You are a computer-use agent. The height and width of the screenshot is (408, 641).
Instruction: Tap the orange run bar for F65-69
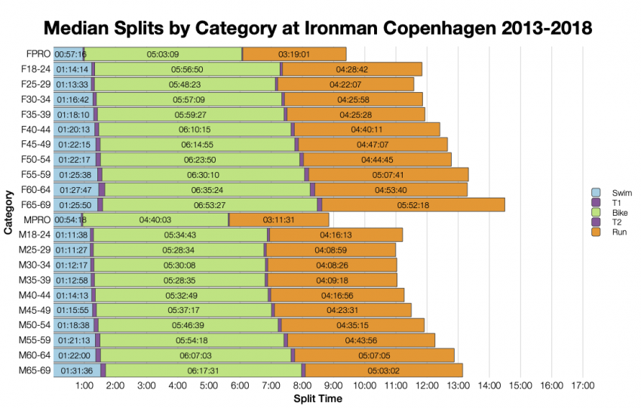(413, 204)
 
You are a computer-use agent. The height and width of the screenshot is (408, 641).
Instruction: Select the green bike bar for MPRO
(155, 219)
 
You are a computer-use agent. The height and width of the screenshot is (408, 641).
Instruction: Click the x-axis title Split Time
(317, 398)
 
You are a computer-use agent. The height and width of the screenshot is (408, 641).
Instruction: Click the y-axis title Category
(8, 212)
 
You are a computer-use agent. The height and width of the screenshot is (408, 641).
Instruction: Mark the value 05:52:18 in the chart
(413, 205)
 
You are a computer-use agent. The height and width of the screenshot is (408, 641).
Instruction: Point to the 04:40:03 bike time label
(155, 219)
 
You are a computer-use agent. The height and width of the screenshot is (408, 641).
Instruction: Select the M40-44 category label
(35, 295)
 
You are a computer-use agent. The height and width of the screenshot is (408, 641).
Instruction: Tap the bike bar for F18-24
(187, 69)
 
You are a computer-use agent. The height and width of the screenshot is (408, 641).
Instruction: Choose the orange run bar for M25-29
(332, 250)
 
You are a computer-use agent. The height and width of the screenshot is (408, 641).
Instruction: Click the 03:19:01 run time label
(294, 54)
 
